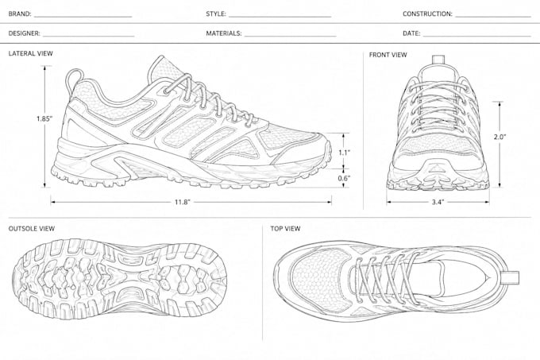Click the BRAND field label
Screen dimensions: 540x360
[x=20, y=14]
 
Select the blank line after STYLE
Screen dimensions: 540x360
[x=280, y=17]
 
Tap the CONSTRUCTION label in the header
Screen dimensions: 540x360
[x=427, y=14]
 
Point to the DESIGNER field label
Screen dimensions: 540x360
[x=24, y=33]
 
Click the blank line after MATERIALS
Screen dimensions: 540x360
[x=290, y=36]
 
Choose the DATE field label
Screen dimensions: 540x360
[x=411, y=33]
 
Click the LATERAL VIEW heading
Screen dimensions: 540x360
[x=31, y=53]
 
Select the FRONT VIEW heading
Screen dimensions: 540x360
[x=388, y=55]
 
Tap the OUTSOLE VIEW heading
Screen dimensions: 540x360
[x=32, y=228]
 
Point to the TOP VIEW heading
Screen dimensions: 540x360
[x=285, y=228]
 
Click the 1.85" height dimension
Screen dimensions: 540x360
[x=44, y=119]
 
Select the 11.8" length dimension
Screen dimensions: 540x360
[x=182, y=202]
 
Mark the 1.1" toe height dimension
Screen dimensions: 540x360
[x=344, y=152]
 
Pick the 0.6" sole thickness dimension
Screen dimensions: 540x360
[x=344, y=178]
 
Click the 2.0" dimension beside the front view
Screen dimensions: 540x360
[x=499, y=137]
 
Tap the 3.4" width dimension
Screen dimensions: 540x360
[x=438, y=202]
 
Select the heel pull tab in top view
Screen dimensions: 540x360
[x=511, y=277]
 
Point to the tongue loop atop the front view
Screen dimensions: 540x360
[x=438, y=60]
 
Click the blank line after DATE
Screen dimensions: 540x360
[x=476, y=36]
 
